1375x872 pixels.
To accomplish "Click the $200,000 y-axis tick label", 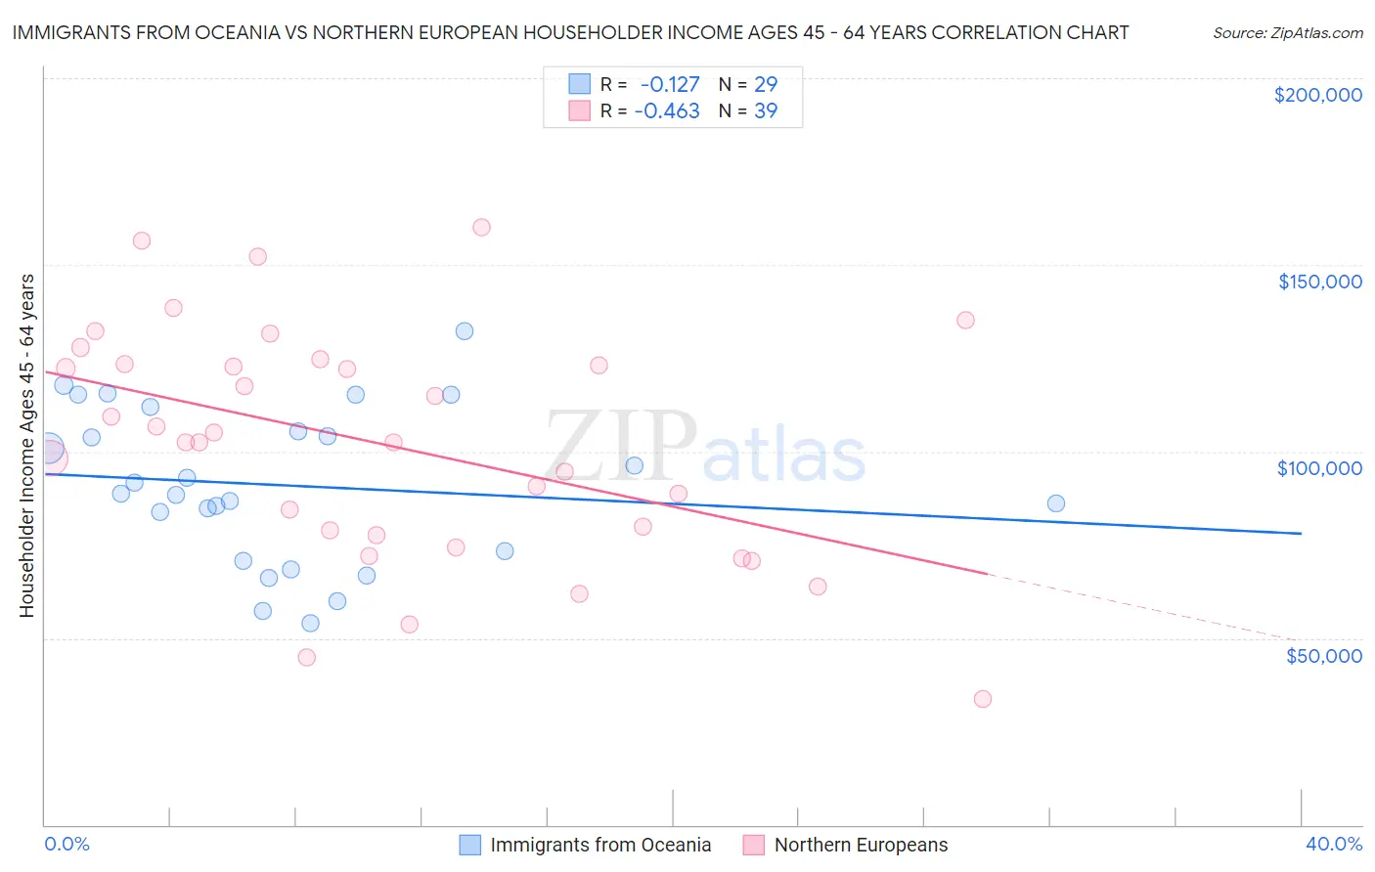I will [x=1317, y=95].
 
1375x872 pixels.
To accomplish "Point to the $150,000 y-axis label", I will [x=1319, y=282].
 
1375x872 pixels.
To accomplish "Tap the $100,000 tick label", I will [x=1319, y=468].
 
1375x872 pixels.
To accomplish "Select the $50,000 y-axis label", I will [x=1323, y=656].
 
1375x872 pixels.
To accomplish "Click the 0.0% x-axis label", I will [x=67, y=844].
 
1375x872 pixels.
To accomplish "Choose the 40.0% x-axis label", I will [x=1333, y=844].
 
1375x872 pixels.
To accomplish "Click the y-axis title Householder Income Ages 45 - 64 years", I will [x=27, y=445].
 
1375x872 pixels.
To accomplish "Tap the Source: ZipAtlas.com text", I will [x=1287, y=32].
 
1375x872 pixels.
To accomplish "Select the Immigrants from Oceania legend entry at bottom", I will [x=599, y=845].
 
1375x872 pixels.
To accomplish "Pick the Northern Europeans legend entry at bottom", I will [x=861, y=845].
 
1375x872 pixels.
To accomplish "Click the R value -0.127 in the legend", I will [x=670, y=84].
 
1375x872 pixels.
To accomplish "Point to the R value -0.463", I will [x=667, y=110].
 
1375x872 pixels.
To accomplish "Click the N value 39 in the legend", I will [x=766, y=110].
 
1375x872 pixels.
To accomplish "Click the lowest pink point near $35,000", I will [x=983, y=699].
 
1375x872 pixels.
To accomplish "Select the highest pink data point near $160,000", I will [x=481, y=227].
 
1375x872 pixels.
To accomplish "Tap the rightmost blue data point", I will [x=1056, y=503].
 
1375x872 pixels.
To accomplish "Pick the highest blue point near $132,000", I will [x=465, y=331].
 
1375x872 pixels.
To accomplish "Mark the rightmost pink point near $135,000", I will [x=965, y=320].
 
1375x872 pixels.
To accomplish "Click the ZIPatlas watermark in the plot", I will [x=704, y=447].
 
